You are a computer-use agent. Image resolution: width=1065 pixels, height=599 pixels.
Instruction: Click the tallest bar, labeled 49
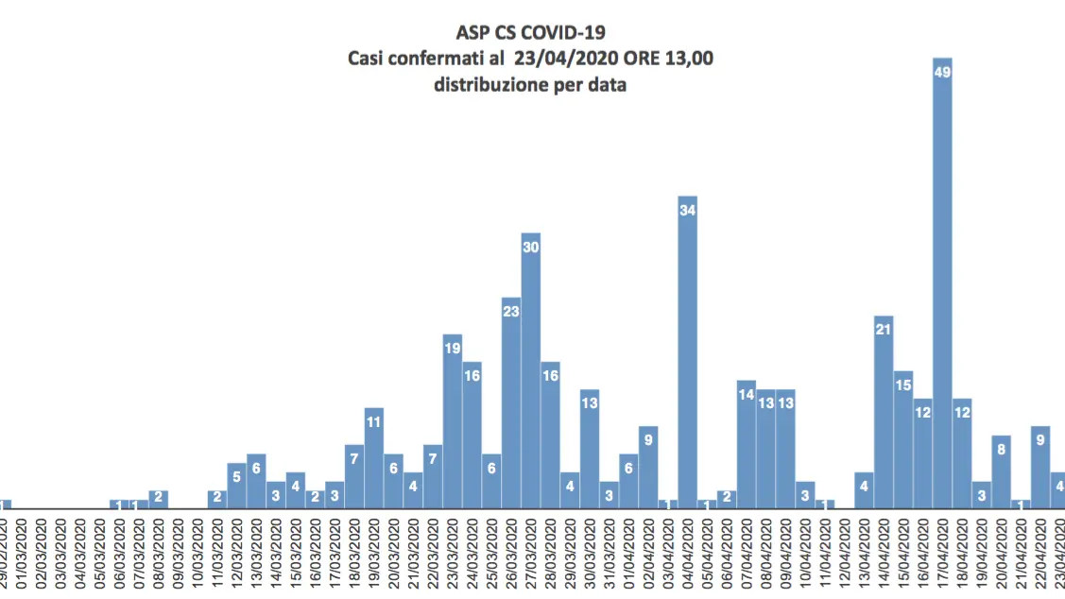[942, 283]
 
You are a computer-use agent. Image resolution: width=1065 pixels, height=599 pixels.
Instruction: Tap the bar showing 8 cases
[1002, 472]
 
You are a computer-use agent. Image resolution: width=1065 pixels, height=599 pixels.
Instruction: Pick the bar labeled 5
[236, 486]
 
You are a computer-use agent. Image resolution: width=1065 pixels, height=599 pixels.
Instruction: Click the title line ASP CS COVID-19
[530, 36]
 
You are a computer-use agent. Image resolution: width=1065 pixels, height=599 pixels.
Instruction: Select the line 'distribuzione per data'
[530, 84]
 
